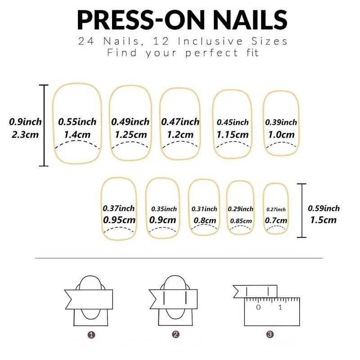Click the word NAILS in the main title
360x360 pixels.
250,20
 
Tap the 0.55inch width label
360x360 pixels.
77,121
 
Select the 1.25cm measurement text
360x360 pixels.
130,135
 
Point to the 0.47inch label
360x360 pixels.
180,121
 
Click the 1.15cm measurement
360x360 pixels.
233,135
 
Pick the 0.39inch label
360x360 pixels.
281,122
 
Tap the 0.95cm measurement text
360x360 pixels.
119,220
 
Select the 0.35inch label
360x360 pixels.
164,209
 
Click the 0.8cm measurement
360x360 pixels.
205,220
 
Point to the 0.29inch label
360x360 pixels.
240,209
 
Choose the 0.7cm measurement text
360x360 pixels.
276,220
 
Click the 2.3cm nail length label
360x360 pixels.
25,135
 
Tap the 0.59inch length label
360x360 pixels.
324,208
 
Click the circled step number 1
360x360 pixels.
91,335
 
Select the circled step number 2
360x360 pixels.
175,334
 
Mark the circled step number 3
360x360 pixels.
270,334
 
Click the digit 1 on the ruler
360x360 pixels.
280,307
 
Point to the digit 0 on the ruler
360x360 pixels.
258,307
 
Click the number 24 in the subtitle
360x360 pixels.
86,41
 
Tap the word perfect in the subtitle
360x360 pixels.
211,53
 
